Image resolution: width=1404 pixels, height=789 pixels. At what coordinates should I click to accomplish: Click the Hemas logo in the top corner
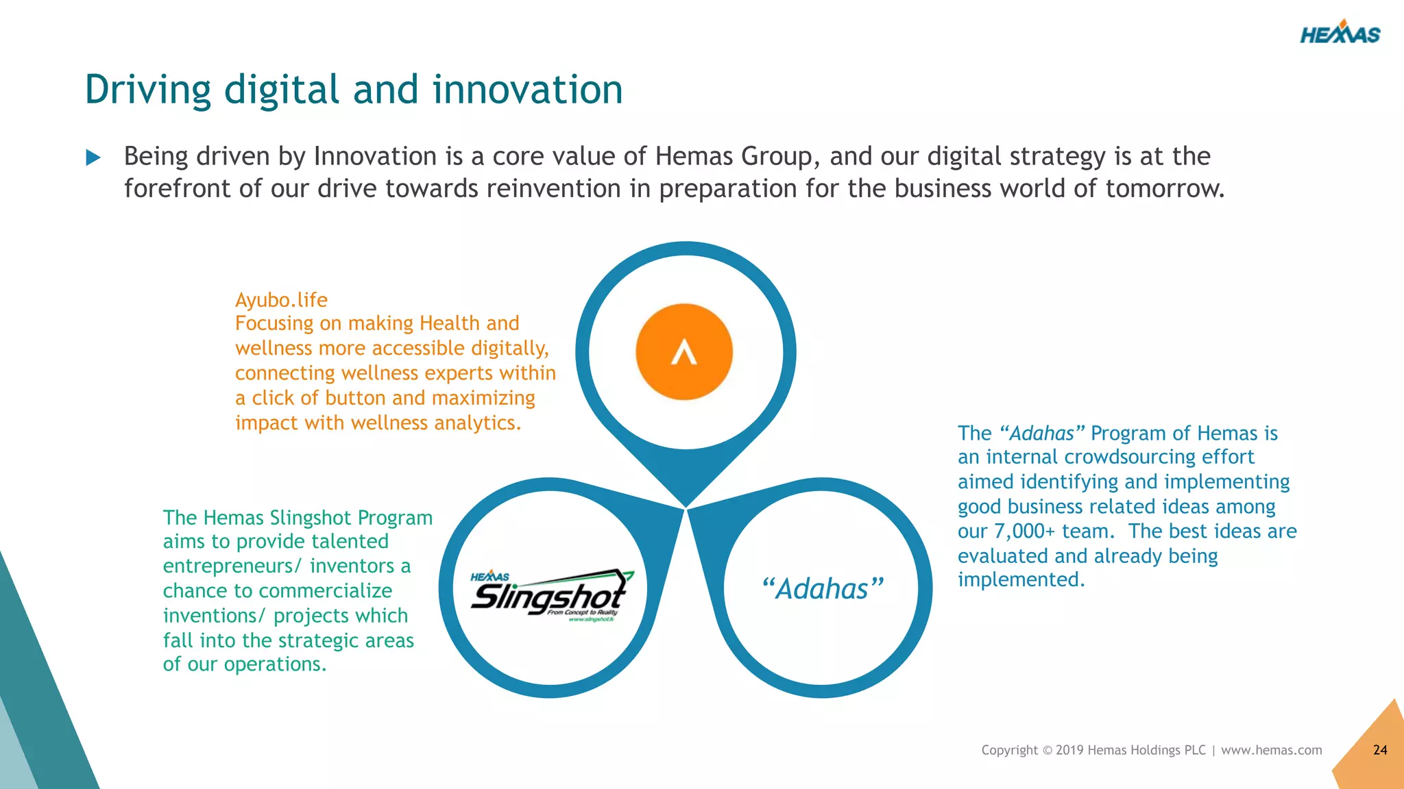coord(1340,34)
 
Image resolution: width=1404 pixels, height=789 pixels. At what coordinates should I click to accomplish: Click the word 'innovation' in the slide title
coord(527,90)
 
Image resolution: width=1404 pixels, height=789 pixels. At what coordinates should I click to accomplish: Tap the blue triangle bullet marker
coord(93,158)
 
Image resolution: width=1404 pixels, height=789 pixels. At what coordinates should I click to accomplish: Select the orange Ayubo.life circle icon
coord(684,352)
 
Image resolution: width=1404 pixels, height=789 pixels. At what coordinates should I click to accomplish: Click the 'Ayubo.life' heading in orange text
coord(281,300)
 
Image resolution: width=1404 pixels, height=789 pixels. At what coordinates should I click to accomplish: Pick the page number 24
coord(1380,750)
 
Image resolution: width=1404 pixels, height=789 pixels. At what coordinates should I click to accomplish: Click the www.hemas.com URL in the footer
coord(1271,750)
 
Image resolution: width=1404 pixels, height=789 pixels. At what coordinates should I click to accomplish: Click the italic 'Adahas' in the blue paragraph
coord(1042,434)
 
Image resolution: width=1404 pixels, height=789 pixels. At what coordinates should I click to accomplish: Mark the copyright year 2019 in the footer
coord(1069,750)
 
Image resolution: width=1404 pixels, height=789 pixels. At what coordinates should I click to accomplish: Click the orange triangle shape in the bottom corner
coord(1375,753)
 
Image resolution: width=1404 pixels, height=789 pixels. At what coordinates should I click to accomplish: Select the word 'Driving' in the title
coord(148,90)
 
